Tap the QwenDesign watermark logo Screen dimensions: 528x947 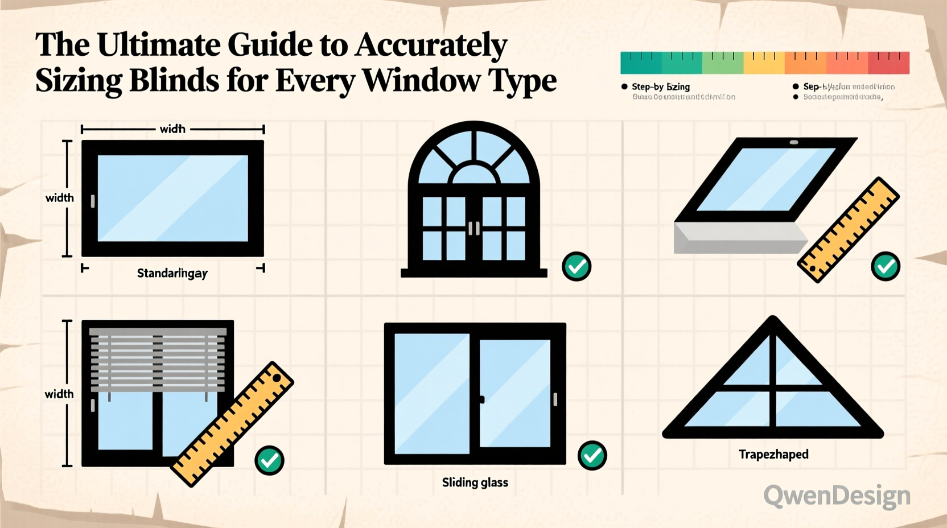(x=837, y=496)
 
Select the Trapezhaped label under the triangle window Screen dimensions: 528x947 (x=773, y=454)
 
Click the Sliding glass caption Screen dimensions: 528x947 (x=475, y=482)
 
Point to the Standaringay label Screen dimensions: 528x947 (x=172, y=273)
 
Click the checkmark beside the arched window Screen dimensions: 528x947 (x=577, y=266)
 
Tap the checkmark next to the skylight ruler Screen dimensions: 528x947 (x=886, y=266)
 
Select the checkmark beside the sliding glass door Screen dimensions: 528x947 (x=592, y=455)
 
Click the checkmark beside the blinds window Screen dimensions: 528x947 (x=269, y=460)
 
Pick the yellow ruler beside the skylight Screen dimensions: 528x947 (x=848, y=230)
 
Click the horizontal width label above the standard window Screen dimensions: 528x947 (x=172, y=129)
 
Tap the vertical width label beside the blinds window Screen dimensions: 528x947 (x=59, y=394)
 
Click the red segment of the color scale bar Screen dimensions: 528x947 (x=888, y=63)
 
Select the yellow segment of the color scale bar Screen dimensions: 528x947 (x=764, y=63)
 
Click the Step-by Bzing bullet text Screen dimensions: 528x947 (x=661, y=86)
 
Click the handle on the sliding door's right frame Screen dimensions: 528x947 (x=555, y=399)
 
